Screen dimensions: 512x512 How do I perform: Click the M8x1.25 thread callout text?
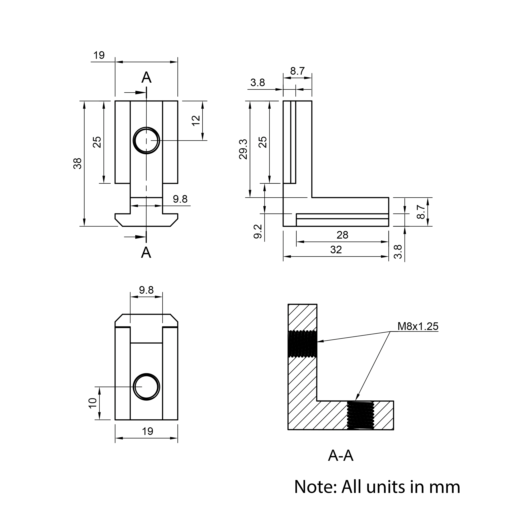418,326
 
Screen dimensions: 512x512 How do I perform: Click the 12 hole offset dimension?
196,121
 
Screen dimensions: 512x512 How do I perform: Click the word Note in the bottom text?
315,487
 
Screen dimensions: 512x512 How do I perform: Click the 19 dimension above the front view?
99,55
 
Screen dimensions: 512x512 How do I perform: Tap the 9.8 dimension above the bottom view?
146,290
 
